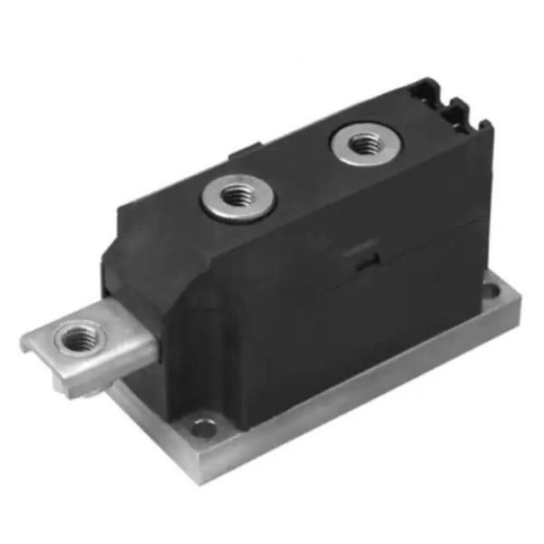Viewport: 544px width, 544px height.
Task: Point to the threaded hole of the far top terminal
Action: pyautogui.click(x=364, y=142)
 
